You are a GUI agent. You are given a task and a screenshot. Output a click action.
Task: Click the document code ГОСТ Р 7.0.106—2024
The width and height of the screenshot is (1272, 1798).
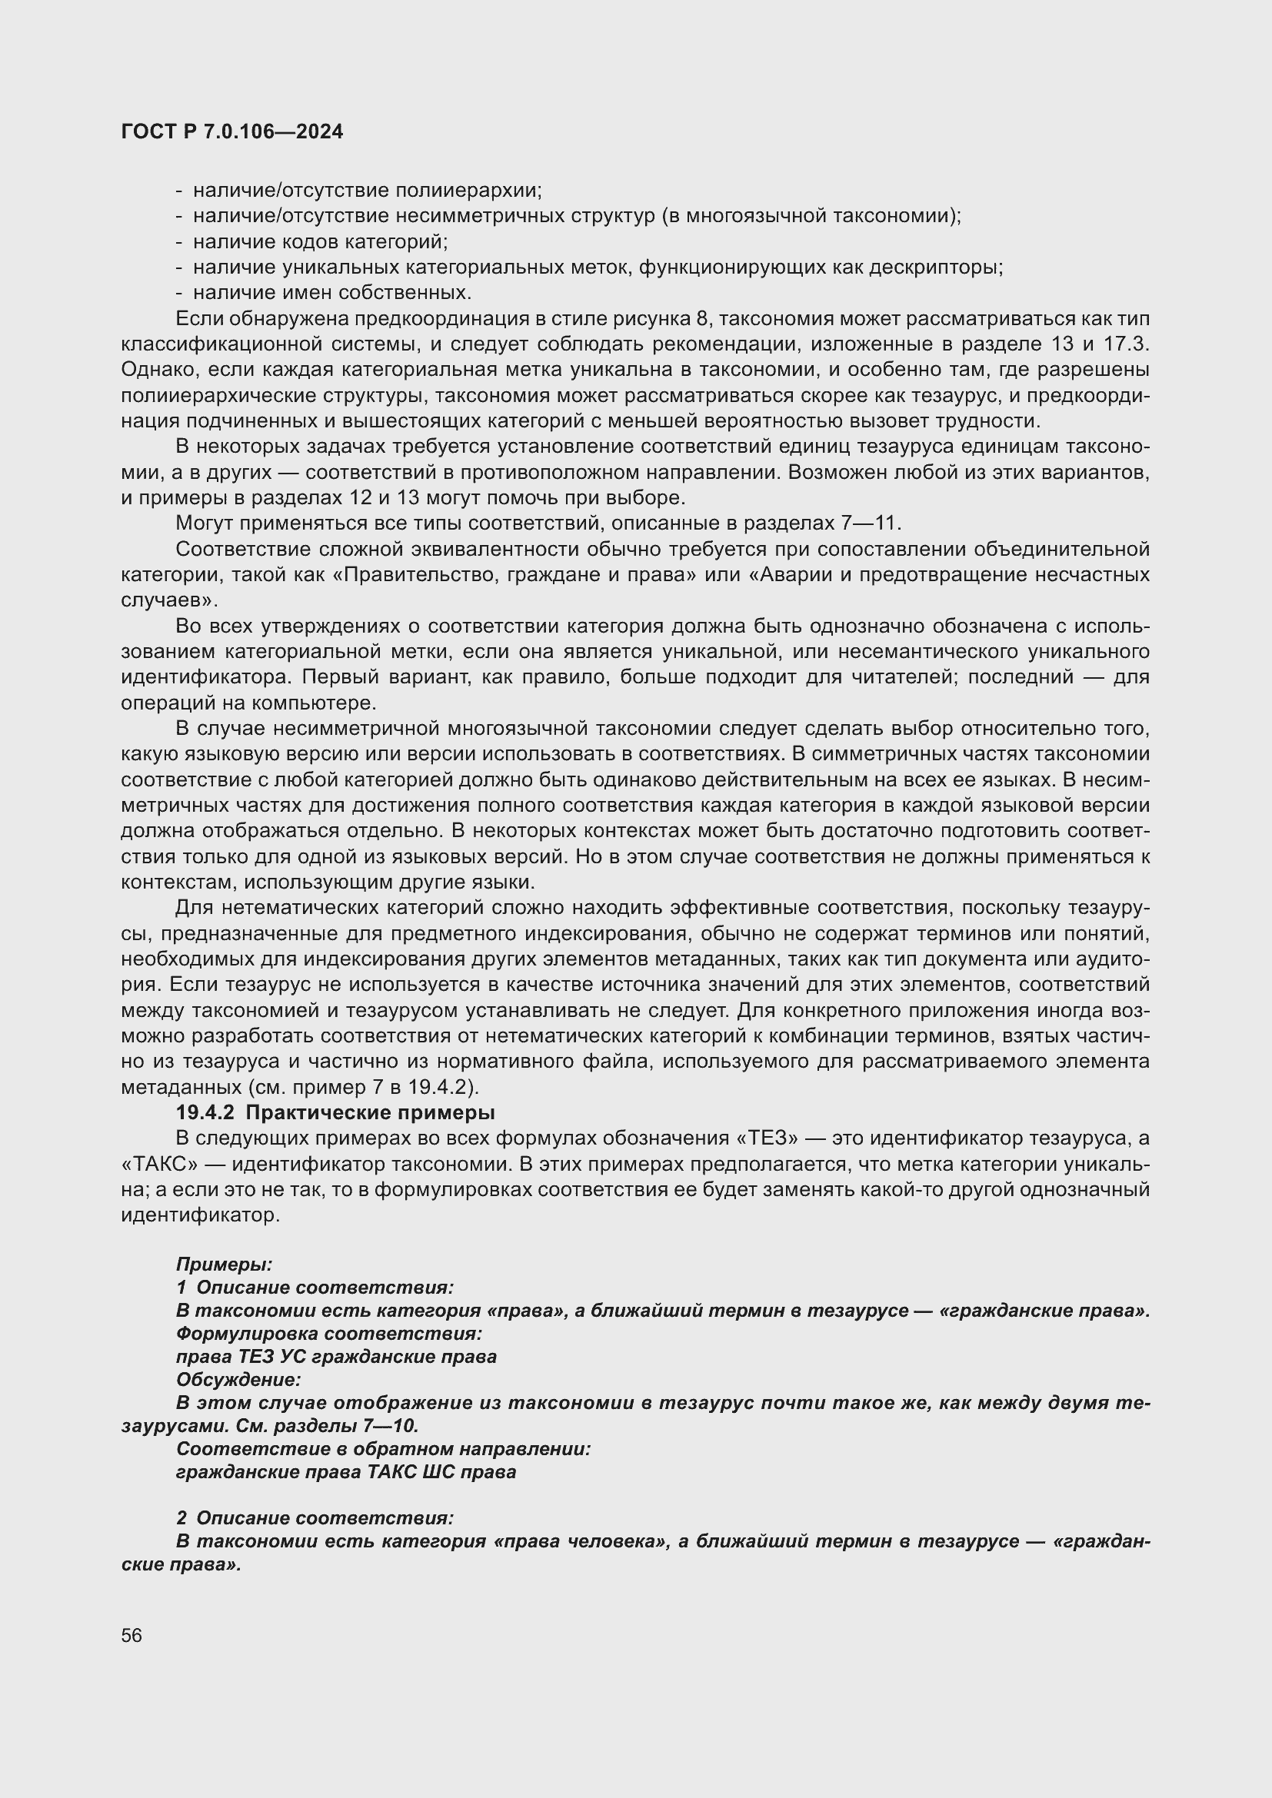(x=231, y=132)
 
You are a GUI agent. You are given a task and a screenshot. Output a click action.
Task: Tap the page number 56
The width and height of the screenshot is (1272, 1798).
(x=132, y=1636)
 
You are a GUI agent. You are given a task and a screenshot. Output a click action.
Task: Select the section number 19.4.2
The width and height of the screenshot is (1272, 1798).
(x=205, y=1113)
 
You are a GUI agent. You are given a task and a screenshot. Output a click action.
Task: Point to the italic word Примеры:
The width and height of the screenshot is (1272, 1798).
(x=224, y=1264)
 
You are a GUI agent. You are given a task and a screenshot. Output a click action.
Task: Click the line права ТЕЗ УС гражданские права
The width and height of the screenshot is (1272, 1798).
(x=336, y=1357)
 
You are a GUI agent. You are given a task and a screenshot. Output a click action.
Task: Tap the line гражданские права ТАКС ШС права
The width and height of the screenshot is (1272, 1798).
(x=345, y=1472)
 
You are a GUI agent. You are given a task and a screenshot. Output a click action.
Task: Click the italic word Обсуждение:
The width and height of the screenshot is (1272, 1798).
(x=238, y=1380)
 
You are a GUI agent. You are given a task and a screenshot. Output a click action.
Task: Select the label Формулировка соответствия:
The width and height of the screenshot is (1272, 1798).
(x=328, y=1334)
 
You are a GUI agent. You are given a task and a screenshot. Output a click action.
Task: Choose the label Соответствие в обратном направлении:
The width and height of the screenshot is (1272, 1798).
(x=383, y=1449)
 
